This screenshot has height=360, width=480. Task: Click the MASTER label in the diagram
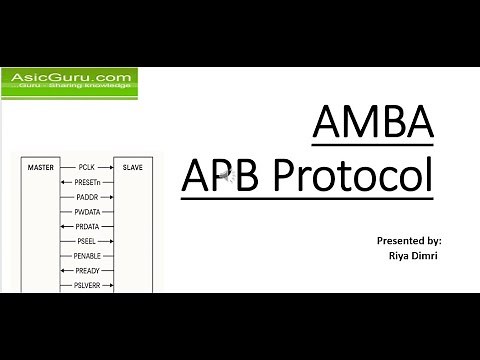tap(40, 167)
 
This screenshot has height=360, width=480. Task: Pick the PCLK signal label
tap(86, 167)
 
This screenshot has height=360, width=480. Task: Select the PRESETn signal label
tap(88, 182)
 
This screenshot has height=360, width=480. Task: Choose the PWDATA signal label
tap(88, 212)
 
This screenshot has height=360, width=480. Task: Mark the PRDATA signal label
tap(88, 227)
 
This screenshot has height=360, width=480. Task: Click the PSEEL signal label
tap(87, 242)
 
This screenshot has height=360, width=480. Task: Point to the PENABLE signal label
tap(88, 256)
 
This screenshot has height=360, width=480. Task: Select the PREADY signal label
tap(88, 271)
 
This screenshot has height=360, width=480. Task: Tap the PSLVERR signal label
tap(88, 286)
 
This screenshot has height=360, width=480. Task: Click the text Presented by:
tap(409, 241)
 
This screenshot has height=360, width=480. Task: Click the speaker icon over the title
tap(228, 177)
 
